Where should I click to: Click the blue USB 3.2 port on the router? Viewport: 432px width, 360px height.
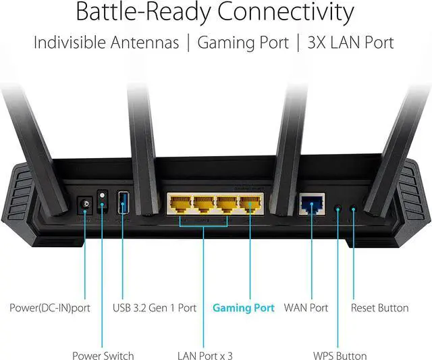(123, 202)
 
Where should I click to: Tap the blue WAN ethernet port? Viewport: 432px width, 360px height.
(310, 203)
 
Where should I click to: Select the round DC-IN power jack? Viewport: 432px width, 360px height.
(86, 203)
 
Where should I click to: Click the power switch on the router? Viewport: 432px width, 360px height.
(103, 201)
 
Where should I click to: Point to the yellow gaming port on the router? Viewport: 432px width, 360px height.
(250, 203)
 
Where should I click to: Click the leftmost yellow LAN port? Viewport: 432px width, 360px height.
(179, 203)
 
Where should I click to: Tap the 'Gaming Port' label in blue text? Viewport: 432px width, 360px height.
(244, 308)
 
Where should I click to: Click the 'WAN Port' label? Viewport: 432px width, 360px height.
(306, 308)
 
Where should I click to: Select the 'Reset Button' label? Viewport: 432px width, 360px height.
(379, 308)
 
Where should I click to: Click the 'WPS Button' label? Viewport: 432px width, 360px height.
(340, 355)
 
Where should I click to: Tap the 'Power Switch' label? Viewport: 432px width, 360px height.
(103, 355)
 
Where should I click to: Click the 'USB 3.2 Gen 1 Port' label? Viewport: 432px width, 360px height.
(155, 308)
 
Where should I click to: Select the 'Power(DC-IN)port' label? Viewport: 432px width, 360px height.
(50, 308)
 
